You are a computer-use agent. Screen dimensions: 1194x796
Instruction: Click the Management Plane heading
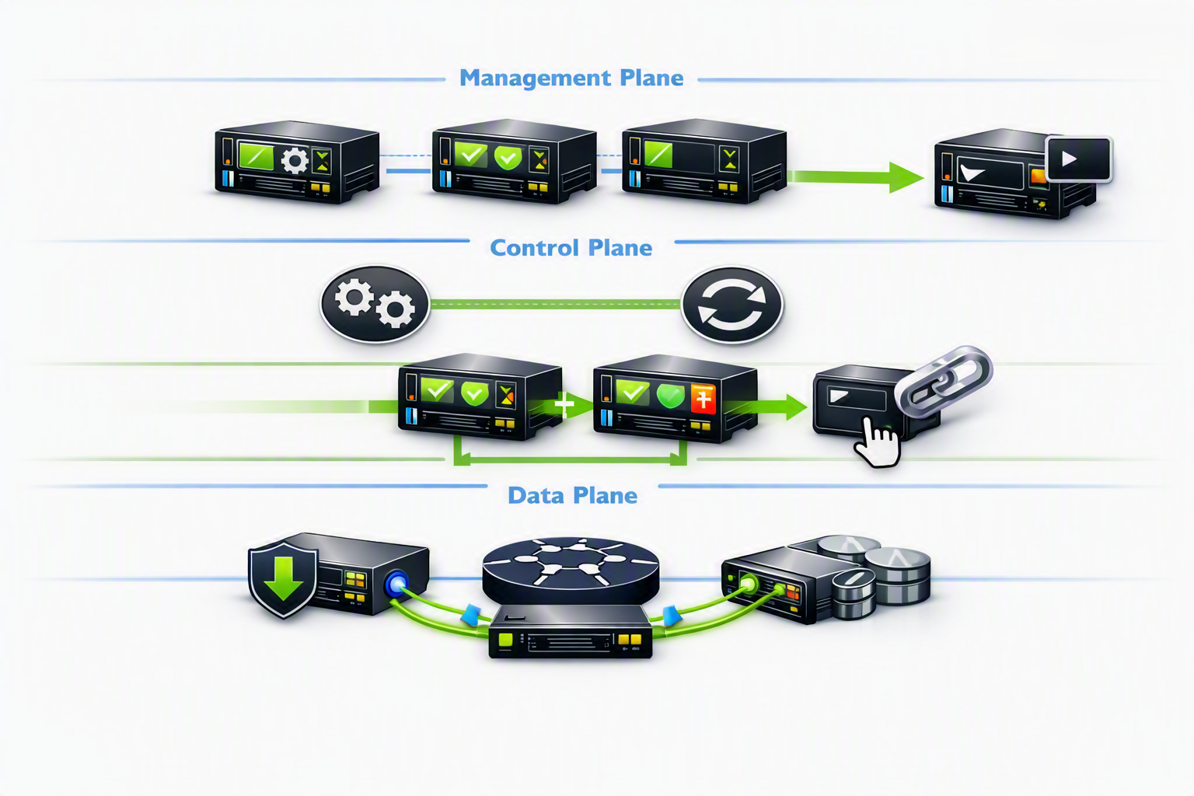pyautogui.click(x=571, y=79)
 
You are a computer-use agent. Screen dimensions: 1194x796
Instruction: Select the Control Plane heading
pyautogui.click(x=571, y=248)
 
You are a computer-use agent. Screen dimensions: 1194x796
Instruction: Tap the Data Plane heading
pyautogui.click(x=572, y=495)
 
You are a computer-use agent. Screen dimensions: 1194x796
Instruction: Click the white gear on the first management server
pyautogui.click(x=295, y=160)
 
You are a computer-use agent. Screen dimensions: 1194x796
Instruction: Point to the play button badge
pyautogui.click(x=1078, y=159)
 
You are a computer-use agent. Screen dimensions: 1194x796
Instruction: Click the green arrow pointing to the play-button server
pyautogui.click(x=855, y=177)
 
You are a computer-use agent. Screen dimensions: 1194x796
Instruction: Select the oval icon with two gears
pyautogui.click(x=375, y=303)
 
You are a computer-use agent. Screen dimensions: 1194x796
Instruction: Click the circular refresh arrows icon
pyautogui.click(x=732, y=305)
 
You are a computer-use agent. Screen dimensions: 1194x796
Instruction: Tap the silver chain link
pyautogui.click(x=942, y=379)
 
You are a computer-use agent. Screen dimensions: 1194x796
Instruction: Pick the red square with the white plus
pyautogui.click(x=703, y=398)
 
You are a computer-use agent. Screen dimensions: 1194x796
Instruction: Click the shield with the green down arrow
pyautogui.click(x=283, y=579)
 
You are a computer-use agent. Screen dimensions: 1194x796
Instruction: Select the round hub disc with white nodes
pyautogui.click(x=571, y=570)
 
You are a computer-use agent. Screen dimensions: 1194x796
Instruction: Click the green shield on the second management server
pyautogui.click(x=508, y=157)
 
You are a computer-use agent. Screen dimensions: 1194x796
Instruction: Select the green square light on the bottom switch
pyautogui.click(x=504, y=639)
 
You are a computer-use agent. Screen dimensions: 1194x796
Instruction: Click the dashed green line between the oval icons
pyautogui.click(x=556, y=305)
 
